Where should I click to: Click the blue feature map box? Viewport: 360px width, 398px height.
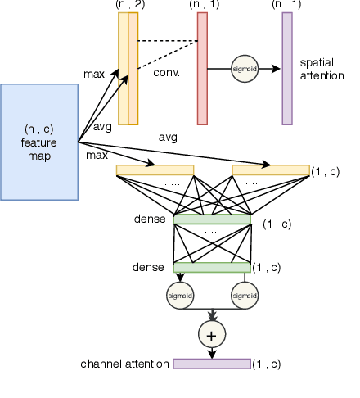click(39, 142)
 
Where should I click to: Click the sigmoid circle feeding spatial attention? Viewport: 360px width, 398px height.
click(245, 70)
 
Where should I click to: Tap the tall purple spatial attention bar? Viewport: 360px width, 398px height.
click(287, 69)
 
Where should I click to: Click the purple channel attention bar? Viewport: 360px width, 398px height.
click(212, 363)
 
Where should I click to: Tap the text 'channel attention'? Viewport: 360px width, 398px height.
click(125, 363)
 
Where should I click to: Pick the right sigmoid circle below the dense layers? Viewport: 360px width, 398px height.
click(245, 293)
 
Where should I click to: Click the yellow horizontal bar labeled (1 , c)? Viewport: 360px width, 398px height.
click(270, 170)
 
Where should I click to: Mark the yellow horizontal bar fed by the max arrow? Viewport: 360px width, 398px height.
click(155, 170)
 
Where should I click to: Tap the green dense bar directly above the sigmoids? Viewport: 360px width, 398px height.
click(212, 267)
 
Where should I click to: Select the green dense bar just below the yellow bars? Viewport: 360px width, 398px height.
click(212, 219)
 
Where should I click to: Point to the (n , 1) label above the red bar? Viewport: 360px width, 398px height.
click(204, 5)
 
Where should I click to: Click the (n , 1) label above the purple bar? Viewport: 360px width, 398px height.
click(286, 5)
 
